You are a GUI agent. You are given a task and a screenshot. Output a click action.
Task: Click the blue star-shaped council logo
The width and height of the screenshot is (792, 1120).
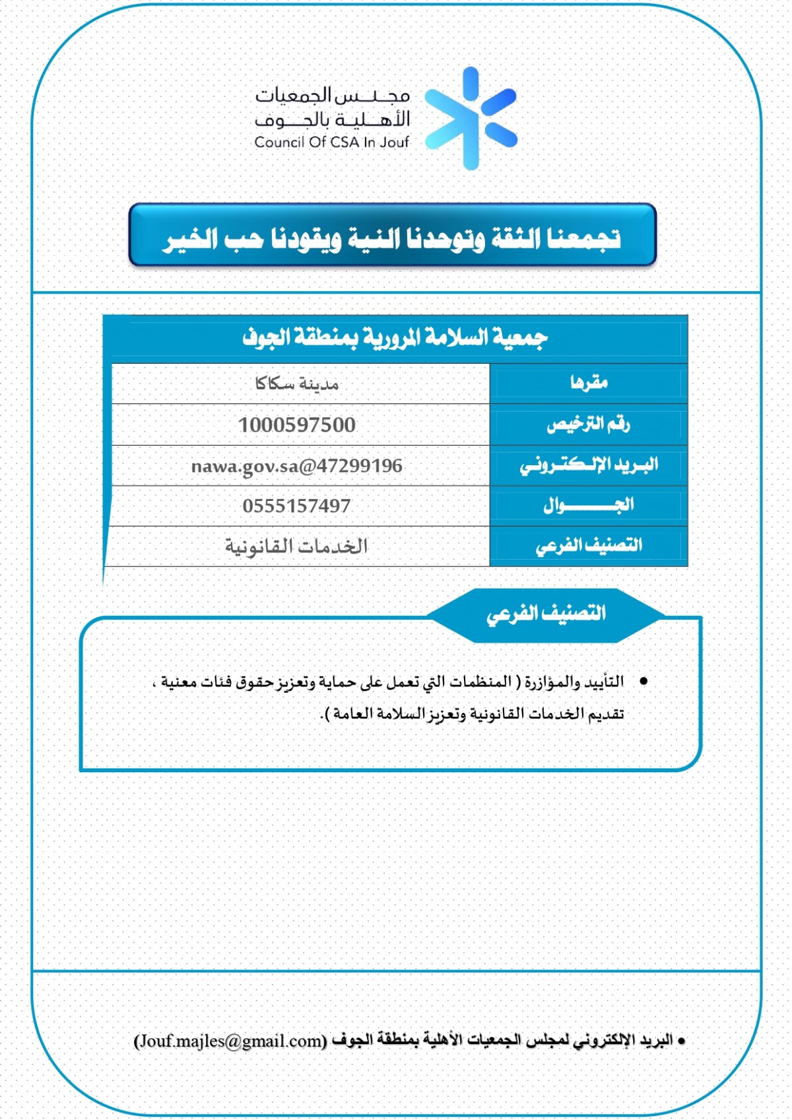point(470,119)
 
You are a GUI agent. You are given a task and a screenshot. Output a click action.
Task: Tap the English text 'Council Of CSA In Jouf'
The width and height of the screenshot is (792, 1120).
point(331,142)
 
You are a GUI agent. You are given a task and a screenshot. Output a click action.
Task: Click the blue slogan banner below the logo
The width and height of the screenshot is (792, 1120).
point(392,236)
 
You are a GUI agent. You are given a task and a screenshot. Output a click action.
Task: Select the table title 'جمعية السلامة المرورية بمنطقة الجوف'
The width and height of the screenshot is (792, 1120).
point(395,338)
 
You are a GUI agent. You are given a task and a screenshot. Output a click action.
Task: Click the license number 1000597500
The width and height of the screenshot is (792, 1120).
point(297,425)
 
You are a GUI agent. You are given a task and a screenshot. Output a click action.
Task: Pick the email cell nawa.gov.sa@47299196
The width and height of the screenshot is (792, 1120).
point(297,466)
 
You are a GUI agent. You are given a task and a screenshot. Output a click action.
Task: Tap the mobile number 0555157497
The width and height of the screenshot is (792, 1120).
point(297,506)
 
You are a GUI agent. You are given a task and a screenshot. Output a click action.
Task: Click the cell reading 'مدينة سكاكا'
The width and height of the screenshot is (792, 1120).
point(297,383)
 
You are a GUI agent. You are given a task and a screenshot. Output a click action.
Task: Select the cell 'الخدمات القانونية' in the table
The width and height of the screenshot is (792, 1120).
point(297,546)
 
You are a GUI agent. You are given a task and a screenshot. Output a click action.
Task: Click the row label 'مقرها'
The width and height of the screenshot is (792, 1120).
point(589,383)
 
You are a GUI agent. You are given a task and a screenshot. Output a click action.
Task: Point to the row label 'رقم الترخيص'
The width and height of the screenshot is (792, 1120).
point(588,424)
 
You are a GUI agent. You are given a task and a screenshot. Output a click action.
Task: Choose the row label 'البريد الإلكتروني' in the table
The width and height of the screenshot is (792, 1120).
point(589,465)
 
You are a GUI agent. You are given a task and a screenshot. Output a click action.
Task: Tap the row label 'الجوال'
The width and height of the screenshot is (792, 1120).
point(589,506)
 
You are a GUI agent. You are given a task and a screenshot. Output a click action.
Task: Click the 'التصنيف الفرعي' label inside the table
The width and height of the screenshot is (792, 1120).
point(589,546)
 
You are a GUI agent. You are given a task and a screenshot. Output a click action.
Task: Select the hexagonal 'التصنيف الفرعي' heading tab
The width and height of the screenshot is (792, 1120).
point(546,614)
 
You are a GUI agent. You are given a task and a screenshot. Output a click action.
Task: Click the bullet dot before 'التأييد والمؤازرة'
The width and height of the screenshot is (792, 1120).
point(643,680)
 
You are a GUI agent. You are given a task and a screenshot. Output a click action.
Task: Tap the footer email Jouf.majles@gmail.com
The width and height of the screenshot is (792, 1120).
point(230,1041)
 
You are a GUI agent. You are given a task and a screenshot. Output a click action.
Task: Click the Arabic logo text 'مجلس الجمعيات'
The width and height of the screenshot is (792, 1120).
point(333,96)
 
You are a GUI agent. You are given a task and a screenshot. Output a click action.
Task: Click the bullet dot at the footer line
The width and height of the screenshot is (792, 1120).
point(682,1041)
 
